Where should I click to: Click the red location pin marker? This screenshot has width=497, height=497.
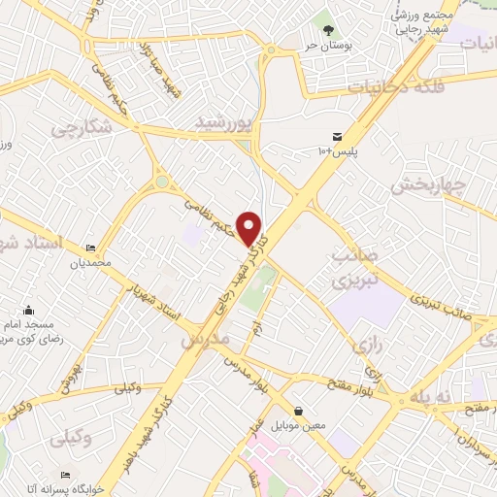coord(250,228)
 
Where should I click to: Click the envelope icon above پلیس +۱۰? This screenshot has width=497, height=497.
coord(336,137)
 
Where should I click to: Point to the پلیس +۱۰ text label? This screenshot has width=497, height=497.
coord(336,151)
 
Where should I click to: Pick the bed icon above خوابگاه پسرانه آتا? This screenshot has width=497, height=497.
coord(64,476)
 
